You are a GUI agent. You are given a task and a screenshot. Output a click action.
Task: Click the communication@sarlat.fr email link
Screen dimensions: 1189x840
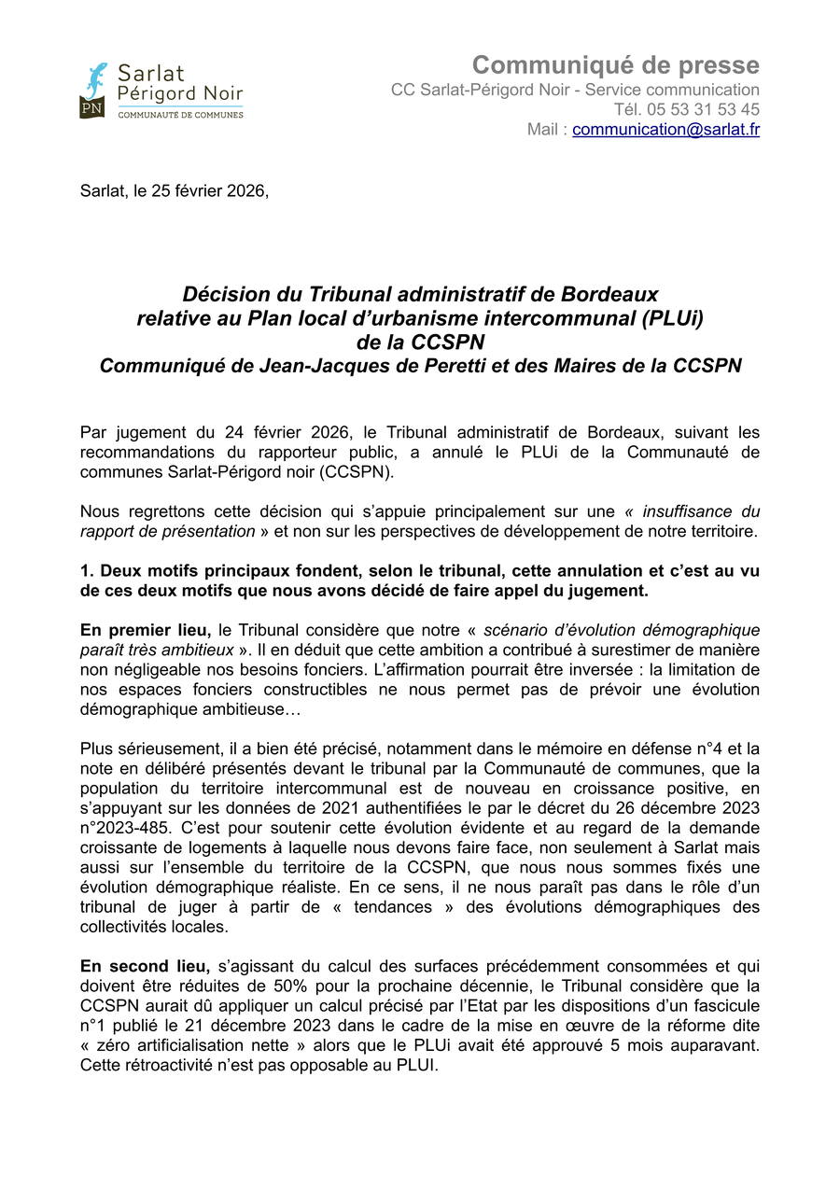tap(665, 130)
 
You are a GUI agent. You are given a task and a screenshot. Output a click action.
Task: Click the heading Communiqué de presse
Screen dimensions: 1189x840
tap(615, 65)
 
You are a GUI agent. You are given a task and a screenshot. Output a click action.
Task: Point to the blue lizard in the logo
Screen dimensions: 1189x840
tap(95, 78)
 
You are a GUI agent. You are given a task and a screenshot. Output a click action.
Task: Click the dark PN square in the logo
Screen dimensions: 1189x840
tap(91, 107)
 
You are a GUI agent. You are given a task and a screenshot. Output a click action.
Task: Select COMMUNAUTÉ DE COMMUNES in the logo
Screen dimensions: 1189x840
tap(180, 114)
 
